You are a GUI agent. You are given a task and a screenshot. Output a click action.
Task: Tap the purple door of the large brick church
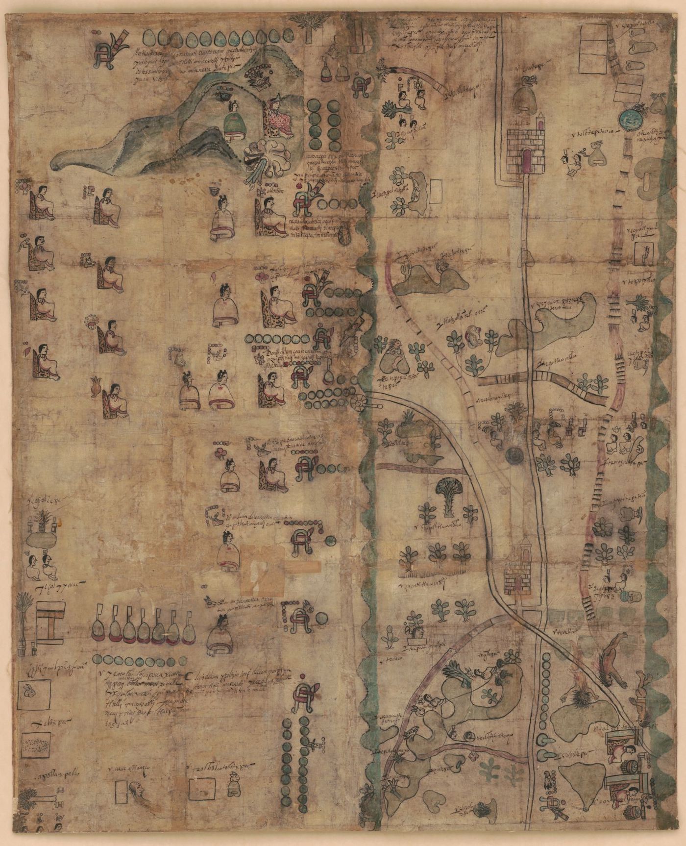coord(526,160)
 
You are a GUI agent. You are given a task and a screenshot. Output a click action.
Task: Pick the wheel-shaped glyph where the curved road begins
coord(359,403)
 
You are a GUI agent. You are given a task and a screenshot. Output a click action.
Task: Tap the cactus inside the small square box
coord(645,255)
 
